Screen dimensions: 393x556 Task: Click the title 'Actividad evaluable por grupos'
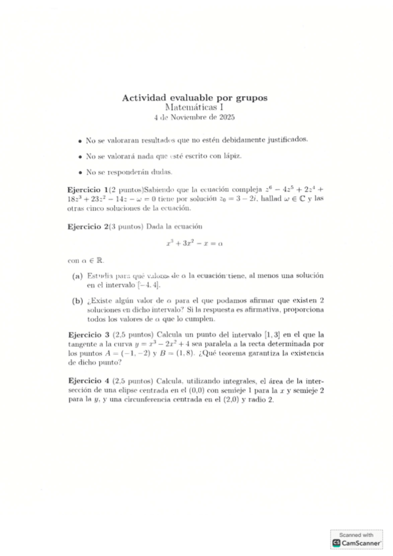pos(195,98)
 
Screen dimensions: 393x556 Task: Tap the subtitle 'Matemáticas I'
pos(195,108)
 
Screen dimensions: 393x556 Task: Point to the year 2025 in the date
pos(226,118)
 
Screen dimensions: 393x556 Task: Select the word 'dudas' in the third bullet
pos(161,173)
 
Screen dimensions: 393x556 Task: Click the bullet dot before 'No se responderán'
pos(79,173)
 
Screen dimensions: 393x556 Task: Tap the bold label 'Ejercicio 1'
pos(87,187)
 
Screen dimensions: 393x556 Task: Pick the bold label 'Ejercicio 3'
pos(88,335)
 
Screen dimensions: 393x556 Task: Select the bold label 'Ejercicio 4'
pos(88,381)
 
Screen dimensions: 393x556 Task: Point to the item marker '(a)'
pos(77,276)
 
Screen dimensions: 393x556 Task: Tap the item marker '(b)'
pos(77,300)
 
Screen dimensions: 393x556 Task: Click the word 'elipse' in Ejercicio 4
pos(131,391)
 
